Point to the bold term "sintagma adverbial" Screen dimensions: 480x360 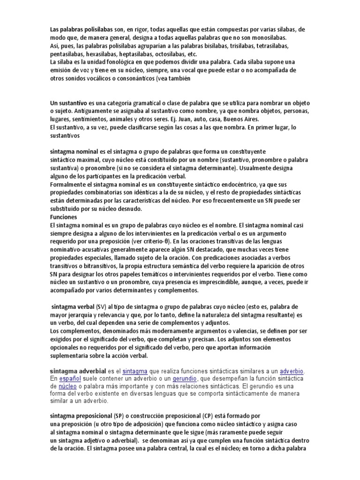[x=78, y=371]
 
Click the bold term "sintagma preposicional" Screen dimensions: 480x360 [x=81, y=416]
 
